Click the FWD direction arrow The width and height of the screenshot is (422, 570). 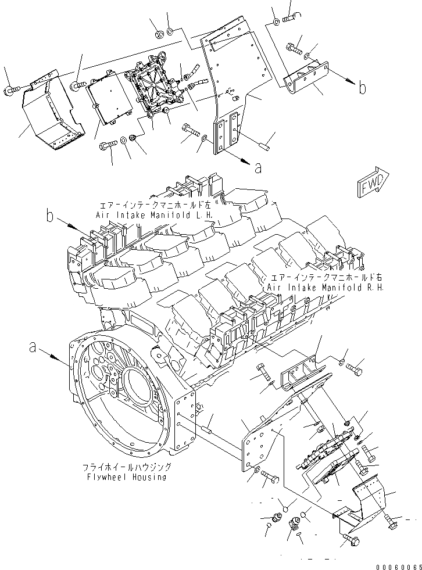point(373,184)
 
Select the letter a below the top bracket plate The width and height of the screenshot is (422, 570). point(258,169)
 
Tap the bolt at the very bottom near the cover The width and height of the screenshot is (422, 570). point(352,540)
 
